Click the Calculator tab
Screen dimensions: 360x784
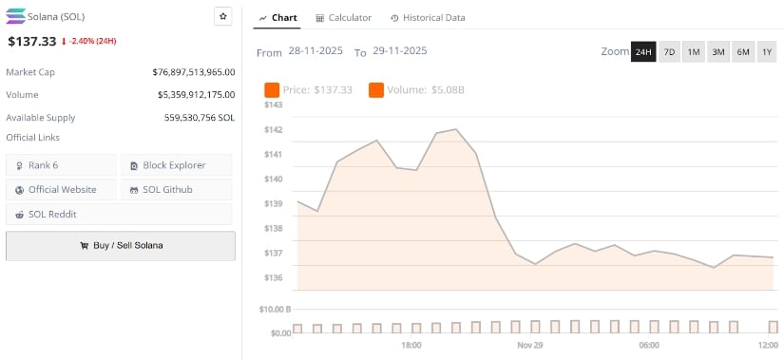coord(343,18)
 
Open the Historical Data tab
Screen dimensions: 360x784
coord(428,18)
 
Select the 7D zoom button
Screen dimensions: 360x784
coord(669,51)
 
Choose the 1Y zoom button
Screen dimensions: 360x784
coord(766,51)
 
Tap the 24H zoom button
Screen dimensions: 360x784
coord(643,51)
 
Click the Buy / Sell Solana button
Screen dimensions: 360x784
coord(121,245)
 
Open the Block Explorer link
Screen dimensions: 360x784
coord(176,165)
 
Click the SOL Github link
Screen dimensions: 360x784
coord(176,189)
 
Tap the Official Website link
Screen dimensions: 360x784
coord(61,189)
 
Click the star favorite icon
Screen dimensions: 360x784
coord(222,16)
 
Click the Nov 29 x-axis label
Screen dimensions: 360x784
coord(530,345)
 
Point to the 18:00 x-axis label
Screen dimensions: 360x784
coord(411,345)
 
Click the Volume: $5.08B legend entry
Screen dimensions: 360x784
coord(416,90)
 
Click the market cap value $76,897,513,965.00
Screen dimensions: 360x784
coord(193,72)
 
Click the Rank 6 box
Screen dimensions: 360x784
coord(61,165)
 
